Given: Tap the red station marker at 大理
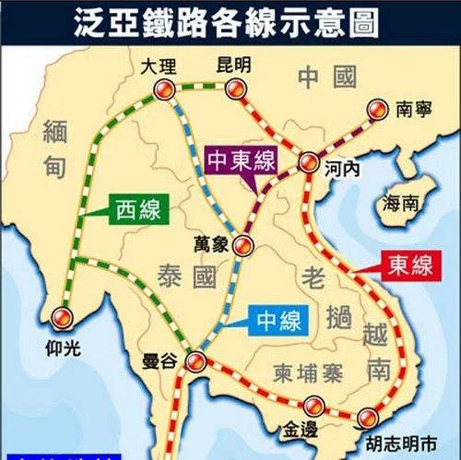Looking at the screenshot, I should tap(164, 88).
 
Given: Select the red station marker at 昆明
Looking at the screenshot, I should tap(235, 89).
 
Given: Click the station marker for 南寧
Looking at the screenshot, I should tap(375, 109).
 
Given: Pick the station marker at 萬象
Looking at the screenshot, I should tap(242, 245).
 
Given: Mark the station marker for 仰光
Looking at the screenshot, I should tap(62, 316).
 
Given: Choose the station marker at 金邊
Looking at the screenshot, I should tap(313, 405).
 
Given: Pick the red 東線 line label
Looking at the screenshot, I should tap(409, 266).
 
